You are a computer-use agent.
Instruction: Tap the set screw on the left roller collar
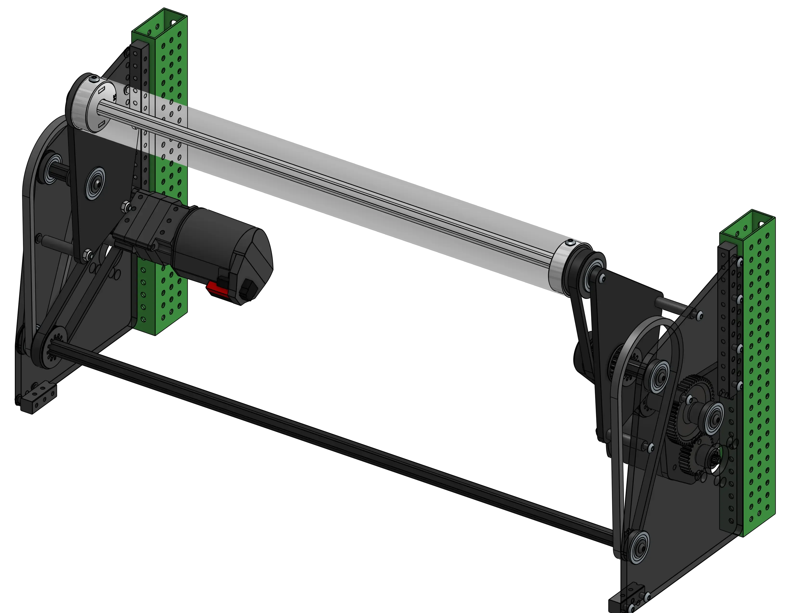click(x=95, y=79)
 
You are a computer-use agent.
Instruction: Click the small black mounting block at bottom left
click(x=38, y=398)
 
